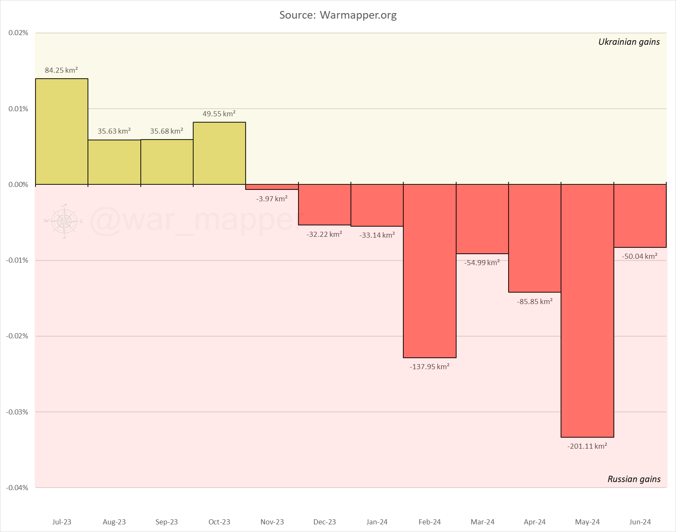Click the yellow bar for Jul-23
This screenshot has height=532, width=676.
pos(62,132)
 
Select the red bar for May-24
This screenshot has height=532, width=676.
pos(587,311)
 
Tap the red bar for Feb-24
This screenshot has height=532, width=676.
pos(430,271)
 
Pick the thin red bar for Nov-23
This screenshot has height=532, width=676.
pos(272,187)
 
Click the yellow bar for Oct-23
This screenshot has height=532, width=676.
pos(219,154)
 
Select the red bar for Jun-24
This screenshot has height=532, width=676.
pos(640,216)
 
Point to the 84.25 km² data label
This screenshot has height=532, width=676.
pos(61,70)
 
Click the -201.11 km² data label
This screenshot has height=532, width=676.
pos(587,446)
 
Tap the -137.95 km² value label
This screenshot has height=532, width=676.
pos(430,367)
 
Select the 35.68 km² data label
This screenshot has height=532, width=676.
pos(167,131)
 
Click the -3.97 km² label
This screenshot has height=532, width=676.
pos(272,198)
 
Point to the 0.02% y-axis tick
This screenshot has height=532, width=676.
pos(18,33)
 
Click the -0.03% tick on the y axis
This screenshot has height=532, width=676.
pos(17,412)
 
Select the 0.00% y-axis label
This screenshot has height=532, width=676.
pos(18,184)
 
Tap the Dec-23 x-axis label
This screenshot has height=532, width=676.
pos(325,522)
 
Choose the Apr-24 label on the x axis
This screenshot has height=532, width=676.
pos(535,522)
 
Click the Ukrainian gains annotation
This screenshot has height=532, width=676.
pos(629,42)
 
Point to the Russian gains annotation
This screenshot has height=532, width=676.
pos(634,479)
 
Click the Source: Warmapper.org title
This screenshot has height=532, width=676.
pos(338,15)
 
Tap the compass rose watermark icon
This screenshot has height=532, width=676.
pos(64,221)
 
